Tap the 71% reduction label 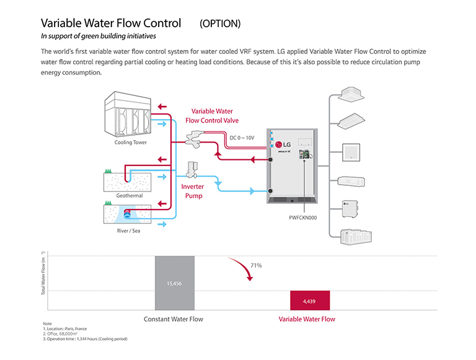256,265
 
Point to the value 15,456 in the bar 174,284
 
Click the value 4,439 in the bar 309,301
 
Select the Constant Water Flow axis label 174,319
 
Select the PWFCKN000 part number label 304,217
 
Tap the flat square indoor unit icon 351,151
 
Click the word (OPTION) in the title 220,24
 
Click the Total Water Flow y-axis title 43,280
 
